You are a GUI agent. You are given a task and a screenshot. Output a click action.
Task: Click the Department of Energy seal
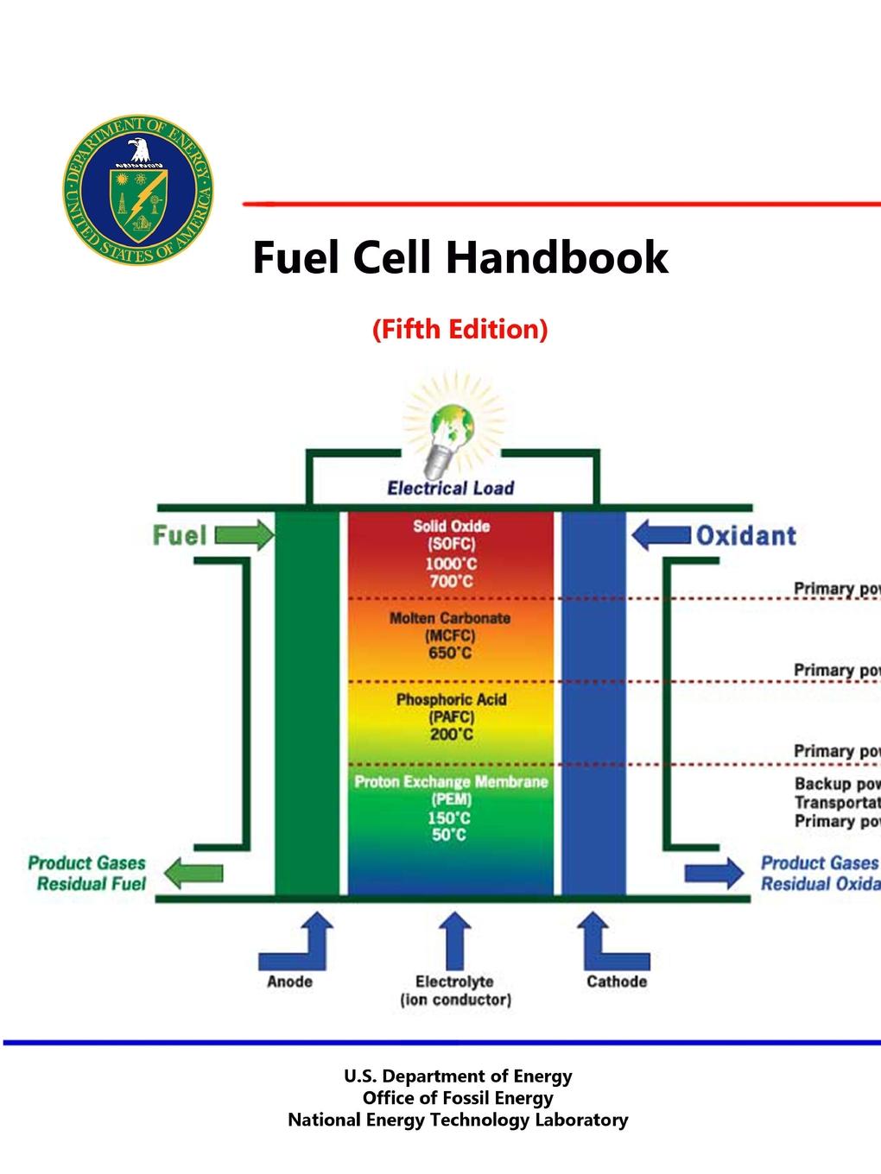(138, 188)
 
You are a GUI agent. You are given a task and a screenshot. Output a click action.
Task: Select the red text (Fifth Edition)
(460, 329)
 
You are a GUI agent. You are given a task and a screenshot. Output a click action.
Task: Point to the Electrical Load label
(450, 489)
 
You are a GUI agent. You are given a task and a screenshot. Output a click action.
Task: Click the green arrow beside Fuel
(244, 535)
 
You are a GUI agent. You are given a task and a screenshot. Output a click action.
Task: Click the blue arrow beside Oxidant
(661, 535)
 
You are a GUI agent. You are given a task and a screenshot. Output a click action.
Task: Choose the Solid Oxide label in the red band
(451, 526)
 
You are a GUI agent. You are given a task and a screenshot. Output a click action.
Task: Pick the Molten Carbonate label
(450, 618)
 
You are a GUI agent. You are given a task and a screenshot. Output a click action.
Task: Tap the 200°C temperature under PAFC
(451, 735)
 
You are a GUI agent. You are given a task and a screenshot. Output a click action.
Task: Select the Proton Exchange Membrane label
(451, 781)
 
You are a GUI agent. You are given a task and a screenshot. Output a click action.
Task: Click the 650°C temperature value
(450, 653)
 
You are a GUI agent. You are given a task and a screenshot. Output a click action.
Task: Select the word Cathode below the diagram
(616, 981)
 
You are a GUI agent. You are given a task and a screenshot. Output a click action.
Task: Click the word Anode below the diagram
(289, 981)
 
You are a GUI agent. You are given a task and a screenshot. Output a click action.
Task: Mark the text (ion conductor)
(455, 1000)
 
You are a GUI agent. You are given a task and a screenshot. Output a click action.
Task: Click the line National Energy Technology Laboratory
(458, 1120)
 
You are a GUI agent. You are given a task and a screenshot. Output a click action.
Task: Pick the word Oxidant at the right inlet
(745, 536)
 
